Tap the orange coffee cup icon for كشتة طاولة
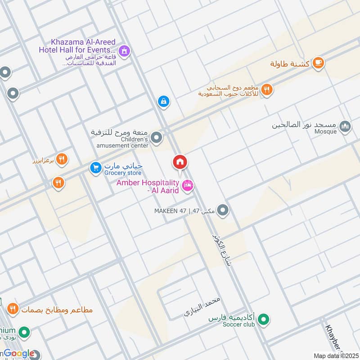pyautogui.click(x=318, y=63)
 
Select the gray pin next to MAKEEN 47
pyautogui.click(x=222, y=210)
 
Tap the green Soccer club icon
pyautogui.click(x=265, y=320)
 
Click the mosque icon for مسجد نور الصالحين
pyautogui.click(x=345, y=127)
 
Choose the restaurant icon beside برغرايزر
pyautogui.click(x=62, y=159)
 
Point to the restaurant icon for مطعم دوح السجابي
pyautogui.click(x=267, y=90)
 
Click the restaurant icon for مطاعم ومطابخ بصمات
pyautogui.click(x=12, y=309)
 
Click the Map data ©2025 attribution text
pyautogui.click(x=335, y=355)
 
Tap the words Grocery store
pyautogui.click(x=123, y=173)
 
